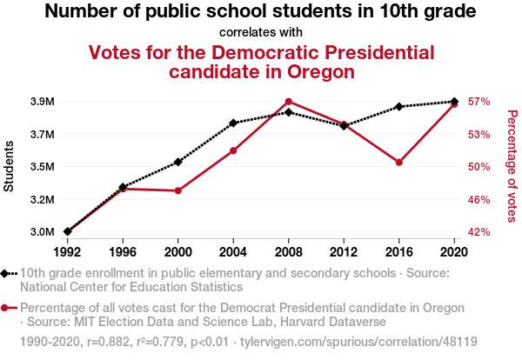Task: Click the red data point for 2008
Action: point(289,102)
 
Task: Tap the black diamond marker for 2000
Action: point(178,162)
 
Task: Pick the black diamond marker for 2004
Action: point(233,123)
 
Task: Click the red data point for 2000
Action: point(178,190)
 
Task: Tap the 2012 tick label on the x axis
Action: point(344,251)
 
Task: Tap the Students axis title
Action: point(10,167)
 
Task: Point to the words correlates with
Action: point(261,32)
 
